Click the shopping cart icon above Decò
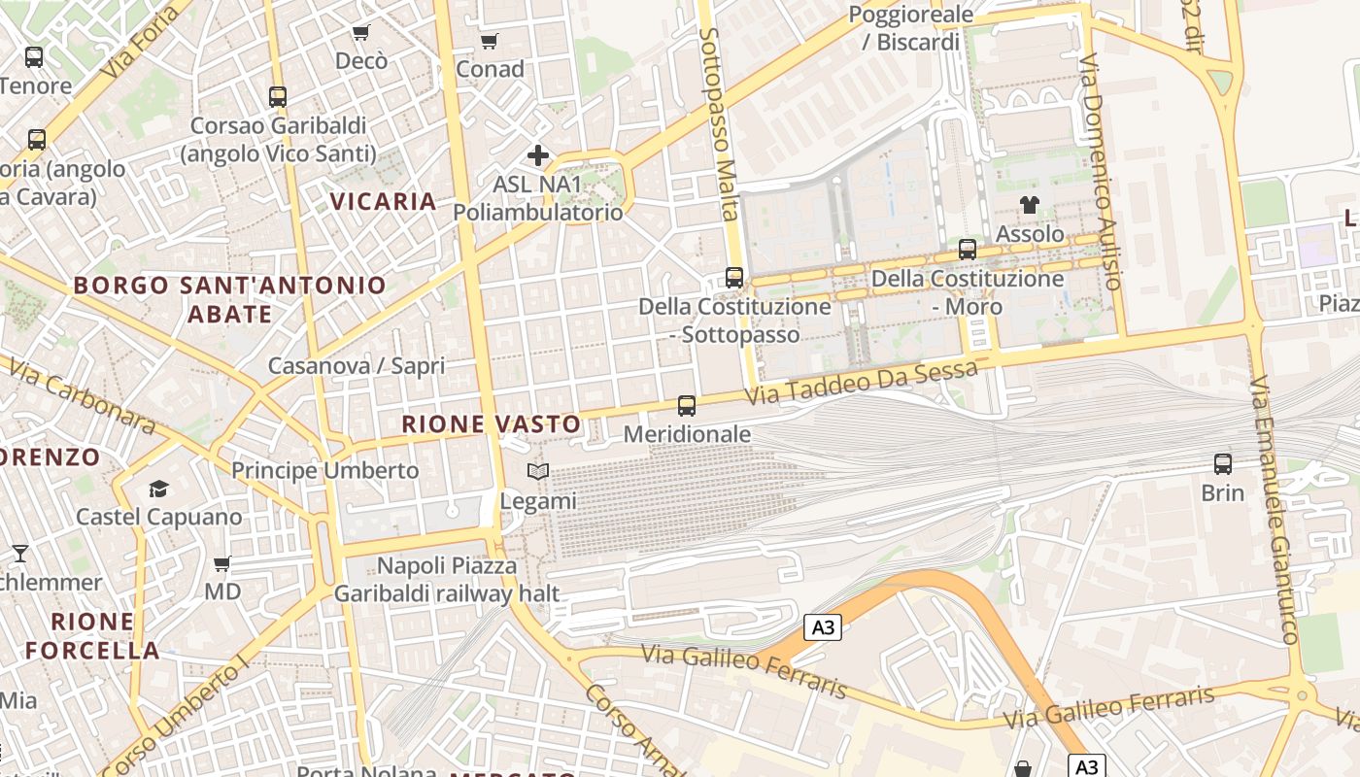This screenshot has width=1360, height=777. (361, 33)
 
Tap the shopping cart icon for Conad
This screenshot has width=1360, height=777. (490, 41)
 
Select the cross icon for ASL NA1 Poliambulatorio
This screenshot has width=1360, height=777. (538, 155)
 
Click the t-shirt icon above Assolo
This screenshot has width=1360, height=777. (1030, 205)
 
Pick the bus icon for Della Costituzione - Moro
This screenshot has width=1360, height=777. (968, 250)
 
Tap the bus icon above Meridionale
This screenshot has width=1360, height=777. (687, 406)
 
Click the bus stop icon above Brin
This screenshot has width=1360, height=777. (1223, 464)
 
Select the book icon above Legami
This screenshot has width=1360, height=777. (538, 472)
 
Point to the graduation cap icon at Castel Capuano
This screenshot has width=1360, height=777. (158, 489)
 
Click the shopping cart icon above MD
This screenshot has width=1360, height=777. (222, 563)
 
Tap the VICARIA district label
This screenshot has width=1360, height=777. (384, 201)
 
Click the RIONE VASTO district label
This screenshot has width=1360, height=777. (492, 423)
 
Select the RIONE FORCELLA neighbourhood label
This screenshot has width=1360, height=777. (92, 636)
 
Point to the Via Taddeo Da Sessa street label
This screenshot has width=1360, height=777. (861, 383)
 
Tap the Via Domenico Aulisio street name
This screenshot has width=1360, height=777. (1102, 171)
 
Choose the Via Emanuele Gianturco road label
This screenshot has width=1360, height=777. (1275, 510)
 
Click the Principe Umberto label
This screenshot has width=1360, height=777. (324, 470)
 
